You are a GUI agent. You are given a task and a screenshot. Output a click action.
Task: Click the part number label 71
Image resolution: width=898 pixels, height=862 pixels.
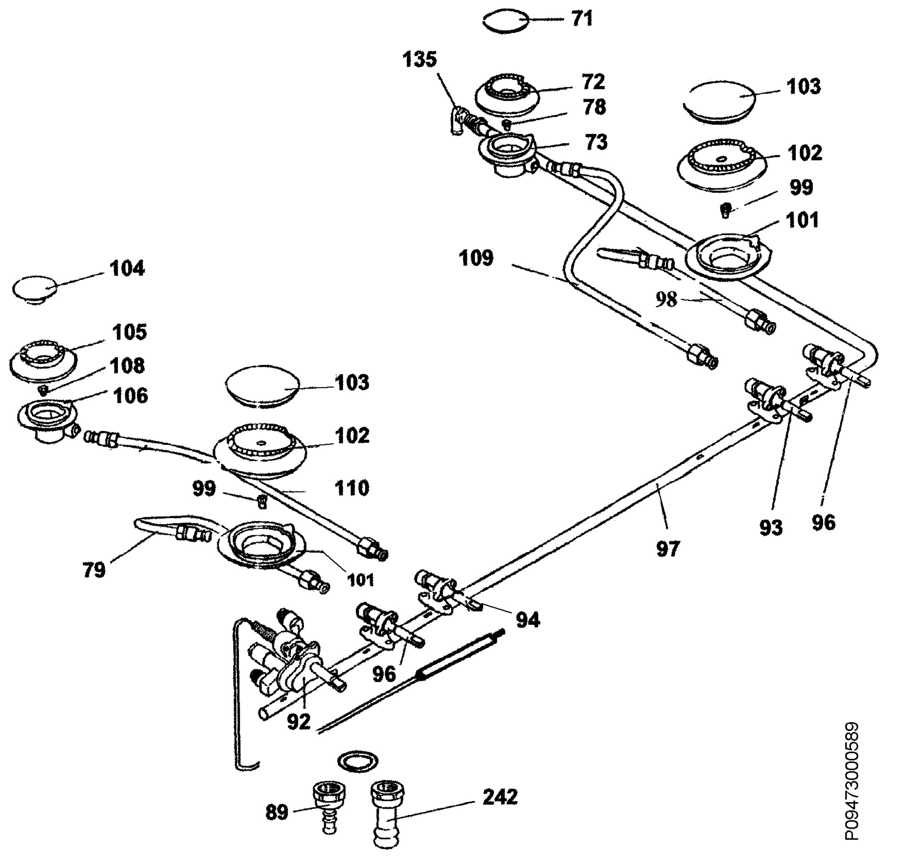(x=582, y=19)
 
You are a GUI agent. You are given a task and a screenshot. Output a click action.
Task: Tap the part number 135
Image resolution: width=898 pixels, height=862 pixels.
(x=420, y=60)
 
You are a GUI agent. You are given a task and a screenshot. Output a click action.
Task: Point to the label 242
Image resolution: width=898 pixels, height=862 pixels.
(x=500, y=797)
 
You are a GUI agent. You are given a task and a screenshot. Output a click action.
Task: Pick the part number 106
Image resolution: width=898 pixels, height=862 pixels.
(x=131, y=396)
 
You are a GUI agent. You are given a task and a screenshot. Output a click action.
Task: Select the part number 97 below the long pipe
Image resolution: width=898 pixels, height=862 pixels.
(x=668, y=549)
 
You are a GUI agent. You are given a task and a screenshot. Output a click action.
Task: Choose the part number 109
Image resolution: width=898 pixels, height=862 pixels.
(x=476, y=259)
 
